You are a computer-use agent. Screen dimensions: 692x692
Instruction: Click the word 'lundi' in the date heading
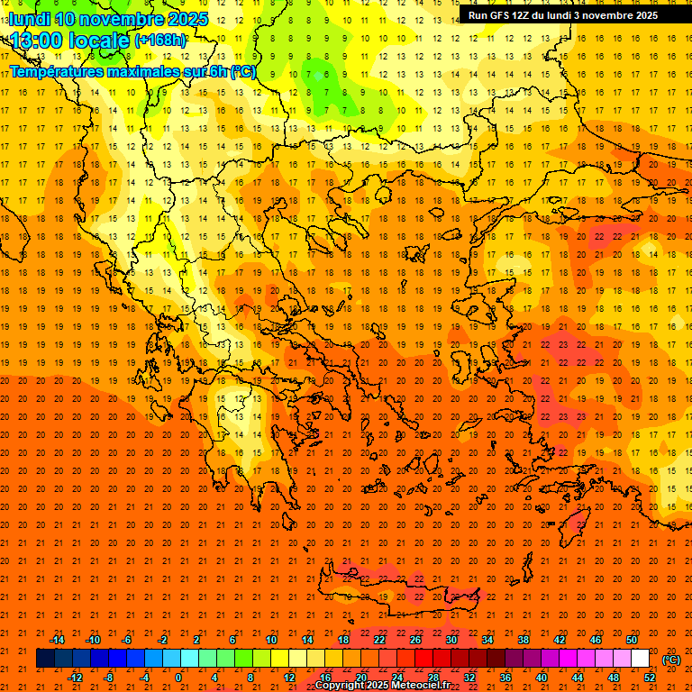tap(29, 19)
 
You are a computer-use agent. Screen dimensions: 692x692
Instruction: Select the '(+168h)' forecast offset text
tap(159, 41)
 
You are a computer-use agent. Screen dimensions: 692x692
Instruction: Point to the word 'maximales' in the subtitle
tap(143, 71)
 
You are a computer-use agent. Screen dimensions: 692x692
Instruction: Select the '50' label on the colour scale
tap(633, 639)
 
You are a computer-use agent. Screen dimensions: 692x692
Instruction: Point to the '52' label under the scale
tap(651, 677)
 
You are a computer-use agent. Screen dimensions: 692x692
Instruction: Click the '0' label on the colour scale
tap(179, 677)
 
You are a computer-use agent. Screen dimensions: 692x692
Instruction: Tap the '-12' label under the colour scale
tap(75, 677)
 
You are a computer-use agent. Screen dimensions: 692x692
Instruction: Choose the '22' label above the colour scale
tap(379, 639)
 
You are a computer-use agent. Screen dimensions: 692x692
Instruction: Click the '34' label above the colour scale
tap(487, 639)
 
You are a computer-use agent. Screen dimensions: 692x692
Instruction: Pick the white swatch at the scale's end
tap(641, 658)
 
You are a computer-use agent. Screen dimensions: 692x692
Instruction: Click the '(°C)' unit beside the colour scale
tap(671, 660)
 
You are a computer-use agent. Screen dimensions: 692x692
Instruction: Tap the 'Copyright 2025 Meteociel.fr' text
tap(383, 686)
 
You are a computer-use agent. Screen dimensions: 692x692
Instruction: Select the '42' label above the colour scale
tap(560, 639)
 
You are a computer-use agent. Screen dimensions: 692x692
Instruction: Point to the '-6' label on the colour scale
tap(127, 639)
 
